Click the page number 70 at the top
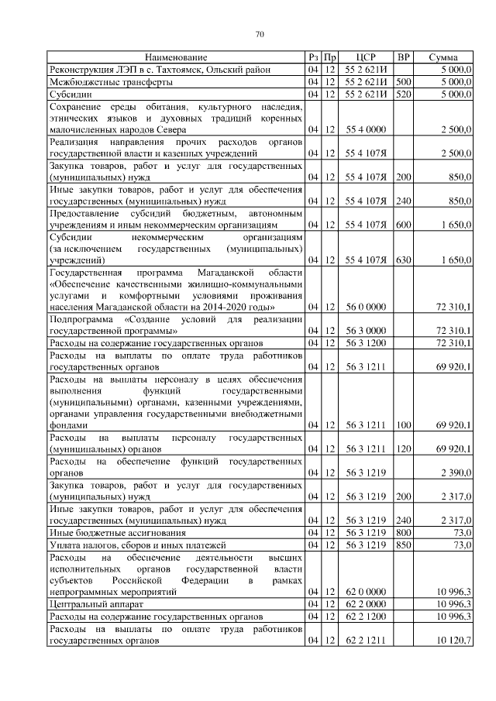[260, 34]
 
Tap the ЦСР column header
[366, 58]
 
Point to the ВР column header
[403, 58]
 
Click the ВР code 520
[403, 94]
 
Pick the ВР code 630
[403, 260]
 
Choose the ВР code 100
[403, 425]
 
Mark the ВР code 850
[403, 545]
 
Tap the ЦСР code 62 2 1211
[366, 641]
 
